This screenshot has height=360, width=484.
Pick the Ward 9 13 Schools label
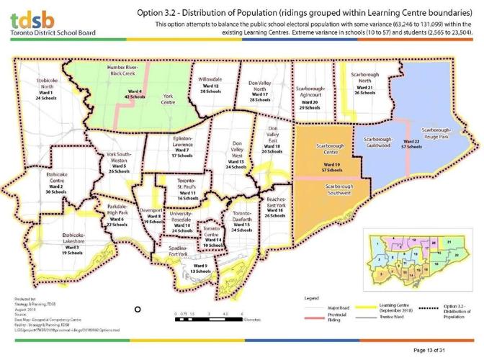200,268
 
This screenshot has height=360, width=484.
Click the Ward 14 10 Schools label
211,243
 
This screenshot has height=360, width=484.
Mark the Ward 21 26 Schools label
364,91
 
